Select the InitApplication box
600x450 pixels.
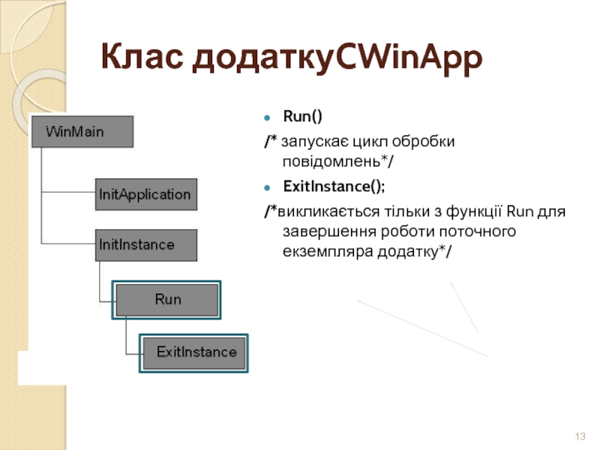pos(145,194)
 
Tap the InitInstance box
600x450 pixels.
pos(145,245)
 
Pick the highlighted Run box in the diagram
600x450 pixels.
pos(167,299)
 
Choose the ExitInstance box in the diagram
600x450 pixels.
pos(195,352)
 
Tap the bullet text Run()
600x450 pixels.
pos(302,117)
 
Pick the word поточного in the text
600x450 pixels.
pos(480,231)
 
